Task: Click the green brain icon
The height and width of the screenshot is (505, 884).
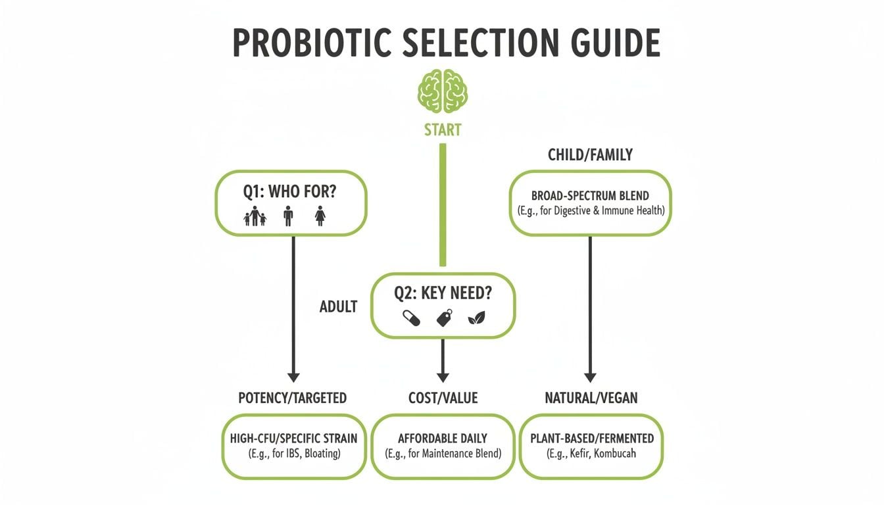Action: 443,91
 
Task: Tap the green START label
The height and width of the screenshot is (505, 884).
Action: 443,130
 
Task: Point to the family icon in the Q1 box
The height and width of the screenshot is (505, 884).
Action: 255,216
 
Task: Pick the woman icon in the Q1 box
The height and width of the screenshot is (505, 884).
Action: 320,216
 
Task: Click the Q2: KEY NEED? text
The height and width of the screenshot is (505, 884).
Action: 443,294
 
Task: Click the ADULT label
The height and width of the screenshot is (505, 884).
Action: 338,306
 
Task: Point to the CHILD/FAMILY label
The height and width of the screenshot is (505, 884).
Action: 590,155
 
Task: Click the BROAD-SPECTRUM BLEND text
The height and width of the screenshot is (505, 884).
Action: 590,196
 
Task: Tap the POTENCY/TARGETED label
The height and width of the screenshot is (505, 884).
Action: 292,398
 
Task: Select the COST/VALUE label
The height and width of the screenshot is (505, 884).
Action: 443,398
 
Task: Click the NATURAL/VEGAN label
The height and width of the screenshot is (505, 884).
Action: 591,398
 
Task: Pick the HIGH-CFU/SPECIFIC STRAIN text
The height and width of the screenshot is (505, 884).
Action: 293,438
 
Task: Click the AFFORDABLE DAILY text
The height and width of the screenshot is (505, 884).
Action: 443,438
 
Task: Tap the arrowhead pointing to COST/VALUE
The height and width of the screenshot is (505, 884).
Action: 443,376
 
